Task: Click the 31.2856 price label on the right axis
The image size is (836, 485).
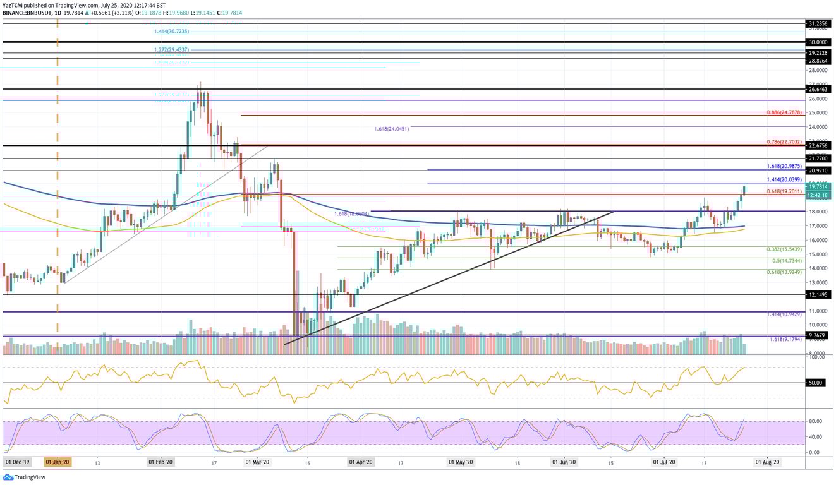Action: pos(819,23)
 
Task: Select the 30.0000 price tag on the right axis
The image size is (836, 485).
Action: pos(819,42)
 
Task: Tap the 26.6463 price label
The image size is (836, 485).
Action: pos(819,90)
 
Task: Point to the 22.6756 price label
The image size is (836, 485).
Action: pos(819,145)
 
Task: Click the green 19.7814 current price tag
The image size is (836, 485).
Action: pos(819,186)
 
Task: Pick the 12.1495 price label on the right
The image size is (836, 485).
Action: pos(819,294)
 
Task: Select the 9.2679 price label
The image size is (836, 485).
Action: pos(819,335)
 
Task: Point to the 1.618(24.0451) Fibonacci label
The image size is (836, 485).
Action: pos(392,128)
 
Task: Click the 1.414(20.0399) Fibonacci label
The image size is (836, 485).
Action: pos(784,179)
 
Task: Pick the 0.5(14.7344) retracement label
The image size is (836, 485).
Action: pos(787,260)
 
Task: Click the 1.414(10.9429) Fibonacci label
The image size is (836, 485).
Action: pos(784,314)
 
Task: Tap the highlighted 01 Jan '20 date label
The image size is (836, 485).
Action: pos(58,462)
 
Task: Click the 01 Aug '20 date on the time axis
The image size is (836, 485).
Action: pos(768,462)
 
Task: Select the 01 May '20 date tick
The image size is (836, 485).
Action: pos(461,462)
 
